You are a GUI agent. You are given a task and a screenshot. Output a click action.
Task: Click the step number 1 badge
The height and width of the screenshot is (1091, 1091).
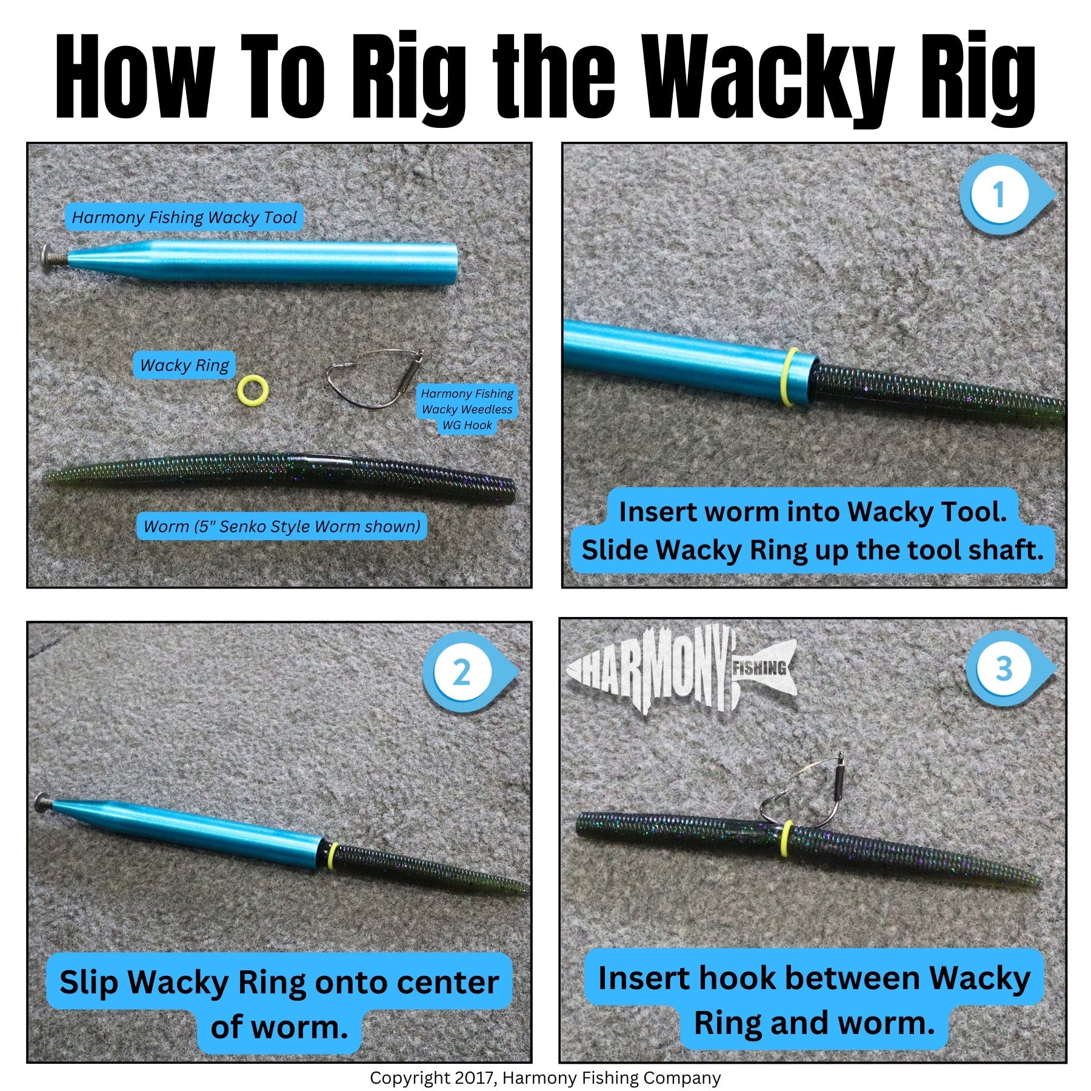click(1006, 195)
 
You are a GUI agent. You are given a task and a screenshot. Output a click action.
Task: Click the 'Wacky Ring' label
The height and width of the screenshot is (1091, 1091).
click(184, 365)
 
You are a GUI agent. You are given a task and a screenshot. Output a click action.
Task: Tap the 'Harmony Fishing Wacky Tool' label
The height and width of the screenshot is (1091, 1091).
click(184, 217)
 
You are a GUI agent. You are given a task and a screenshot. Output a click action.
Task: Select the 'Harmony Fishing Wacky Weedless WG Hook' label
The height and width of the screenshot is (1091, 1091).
click(467, 409)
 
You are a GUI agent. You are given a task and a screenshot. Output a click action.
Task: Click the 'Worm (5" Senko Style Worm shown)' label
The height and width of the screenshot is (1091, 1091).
click(282, 526)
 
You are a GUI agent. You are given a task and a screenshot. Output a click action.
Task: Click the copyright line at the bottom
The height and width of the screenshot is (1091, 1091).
click(545, 1078)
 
